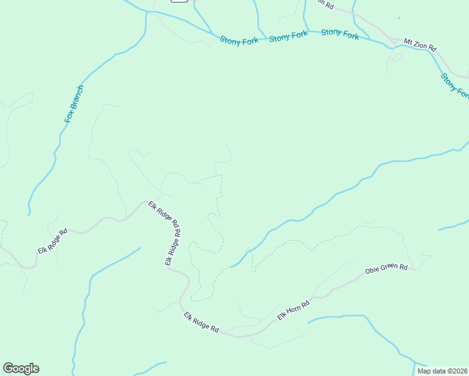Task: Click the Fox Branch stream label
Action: click(x=74, y=103)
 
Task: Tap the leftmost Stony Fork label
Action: click(x=239, y=40)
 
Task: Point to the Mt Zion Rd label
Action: click(x=419, y=45)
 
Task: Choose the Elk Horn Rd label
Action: click(x=294, y=311)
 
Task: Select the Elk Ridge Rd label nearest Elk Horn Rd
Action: click(x=201, y=323)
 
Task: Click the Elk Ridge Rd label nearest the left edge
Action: click(x=52, y=241)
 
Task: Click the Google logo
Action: click(x=21, y=368)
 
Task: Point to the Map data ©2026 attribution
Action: click(x=442, y=371)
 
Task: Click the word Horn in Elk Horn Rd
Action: click(x=295, y=310)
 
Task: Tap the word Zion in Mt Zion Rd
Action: click(x=419, y=45)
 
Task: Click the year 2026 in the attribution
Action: click(x=459, y=371)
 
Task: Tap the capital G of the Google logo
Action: click(x=8, y=368)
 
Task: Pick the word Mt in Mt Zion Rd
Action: click(x=408, y=43)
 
